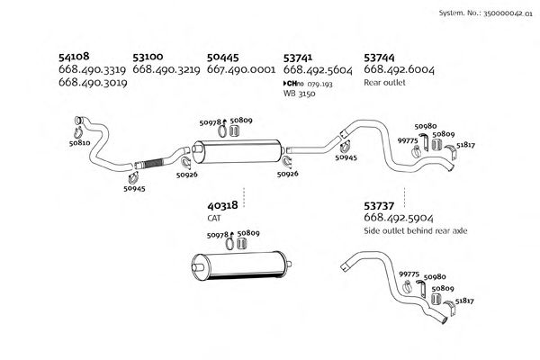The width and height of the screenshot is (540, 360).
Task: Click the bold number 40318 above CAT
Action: pos(222,205)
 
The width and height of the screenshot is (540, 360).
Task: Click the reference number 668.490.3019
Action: pos(92,82)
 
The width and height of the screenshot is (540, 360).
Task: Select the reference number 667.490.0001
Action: pos(240,69)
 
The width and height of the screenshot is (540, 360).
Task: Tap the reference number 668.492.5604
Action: pos(317,69)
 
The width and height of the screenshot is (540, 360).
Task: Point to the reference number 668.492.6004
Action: pos(399,69)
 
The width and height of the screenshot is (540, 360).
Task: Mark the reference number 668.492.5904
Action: pos(399,219)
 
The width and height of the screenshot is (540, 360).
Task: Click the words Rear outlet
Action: pos(384,82)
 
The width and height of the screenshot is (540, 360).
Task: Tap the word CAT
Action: pos(214,218)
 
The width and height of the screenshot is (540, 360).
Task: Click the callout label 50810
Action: pos(79,142)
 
